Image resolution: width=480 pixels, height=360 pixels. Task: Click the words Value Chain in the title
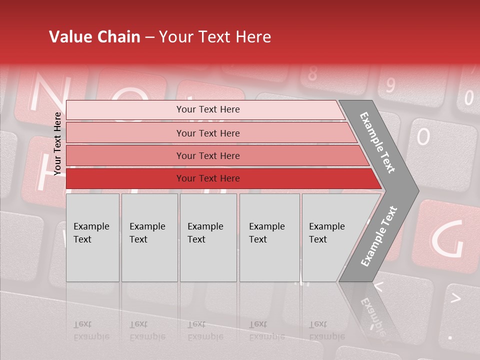(94, 37)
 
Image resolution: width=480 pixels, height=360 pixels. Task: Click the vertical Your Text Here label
(57, 143)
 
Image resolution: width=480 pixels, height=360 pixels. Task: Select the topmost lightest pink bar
(207, 109)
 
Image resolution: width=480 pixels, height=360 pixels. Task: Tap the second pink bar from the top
(207, 133)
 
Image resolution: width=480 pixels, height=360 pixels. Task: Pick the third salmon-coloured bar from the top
(207, 155)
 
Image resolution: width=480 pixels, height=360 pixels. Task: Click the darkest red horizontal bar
(207, 178)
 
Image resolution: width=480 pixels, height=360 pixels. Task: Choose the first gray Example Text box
(92, 237)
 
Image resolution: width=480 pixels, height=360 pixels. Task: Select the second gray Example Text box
(149, 237)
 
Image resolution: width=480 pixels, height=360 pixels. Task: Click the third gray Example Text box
(208, 237)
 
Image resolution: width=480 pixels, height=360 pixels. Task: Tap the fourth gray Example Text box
(269, 237)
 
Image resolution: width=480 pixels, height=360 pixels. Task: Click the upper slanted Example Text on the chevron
(378, 143)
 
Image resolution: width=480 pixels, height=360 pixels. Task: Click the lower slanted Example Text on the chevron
(379, 236)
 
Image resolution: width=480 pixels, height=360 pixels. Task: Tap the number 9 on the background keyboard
(390, 85)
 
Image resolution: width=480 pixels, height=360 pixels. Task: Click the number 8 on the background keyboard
(312, 74)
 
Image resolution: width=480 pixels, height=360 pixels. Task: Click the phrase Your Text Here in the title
(215, 37)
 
